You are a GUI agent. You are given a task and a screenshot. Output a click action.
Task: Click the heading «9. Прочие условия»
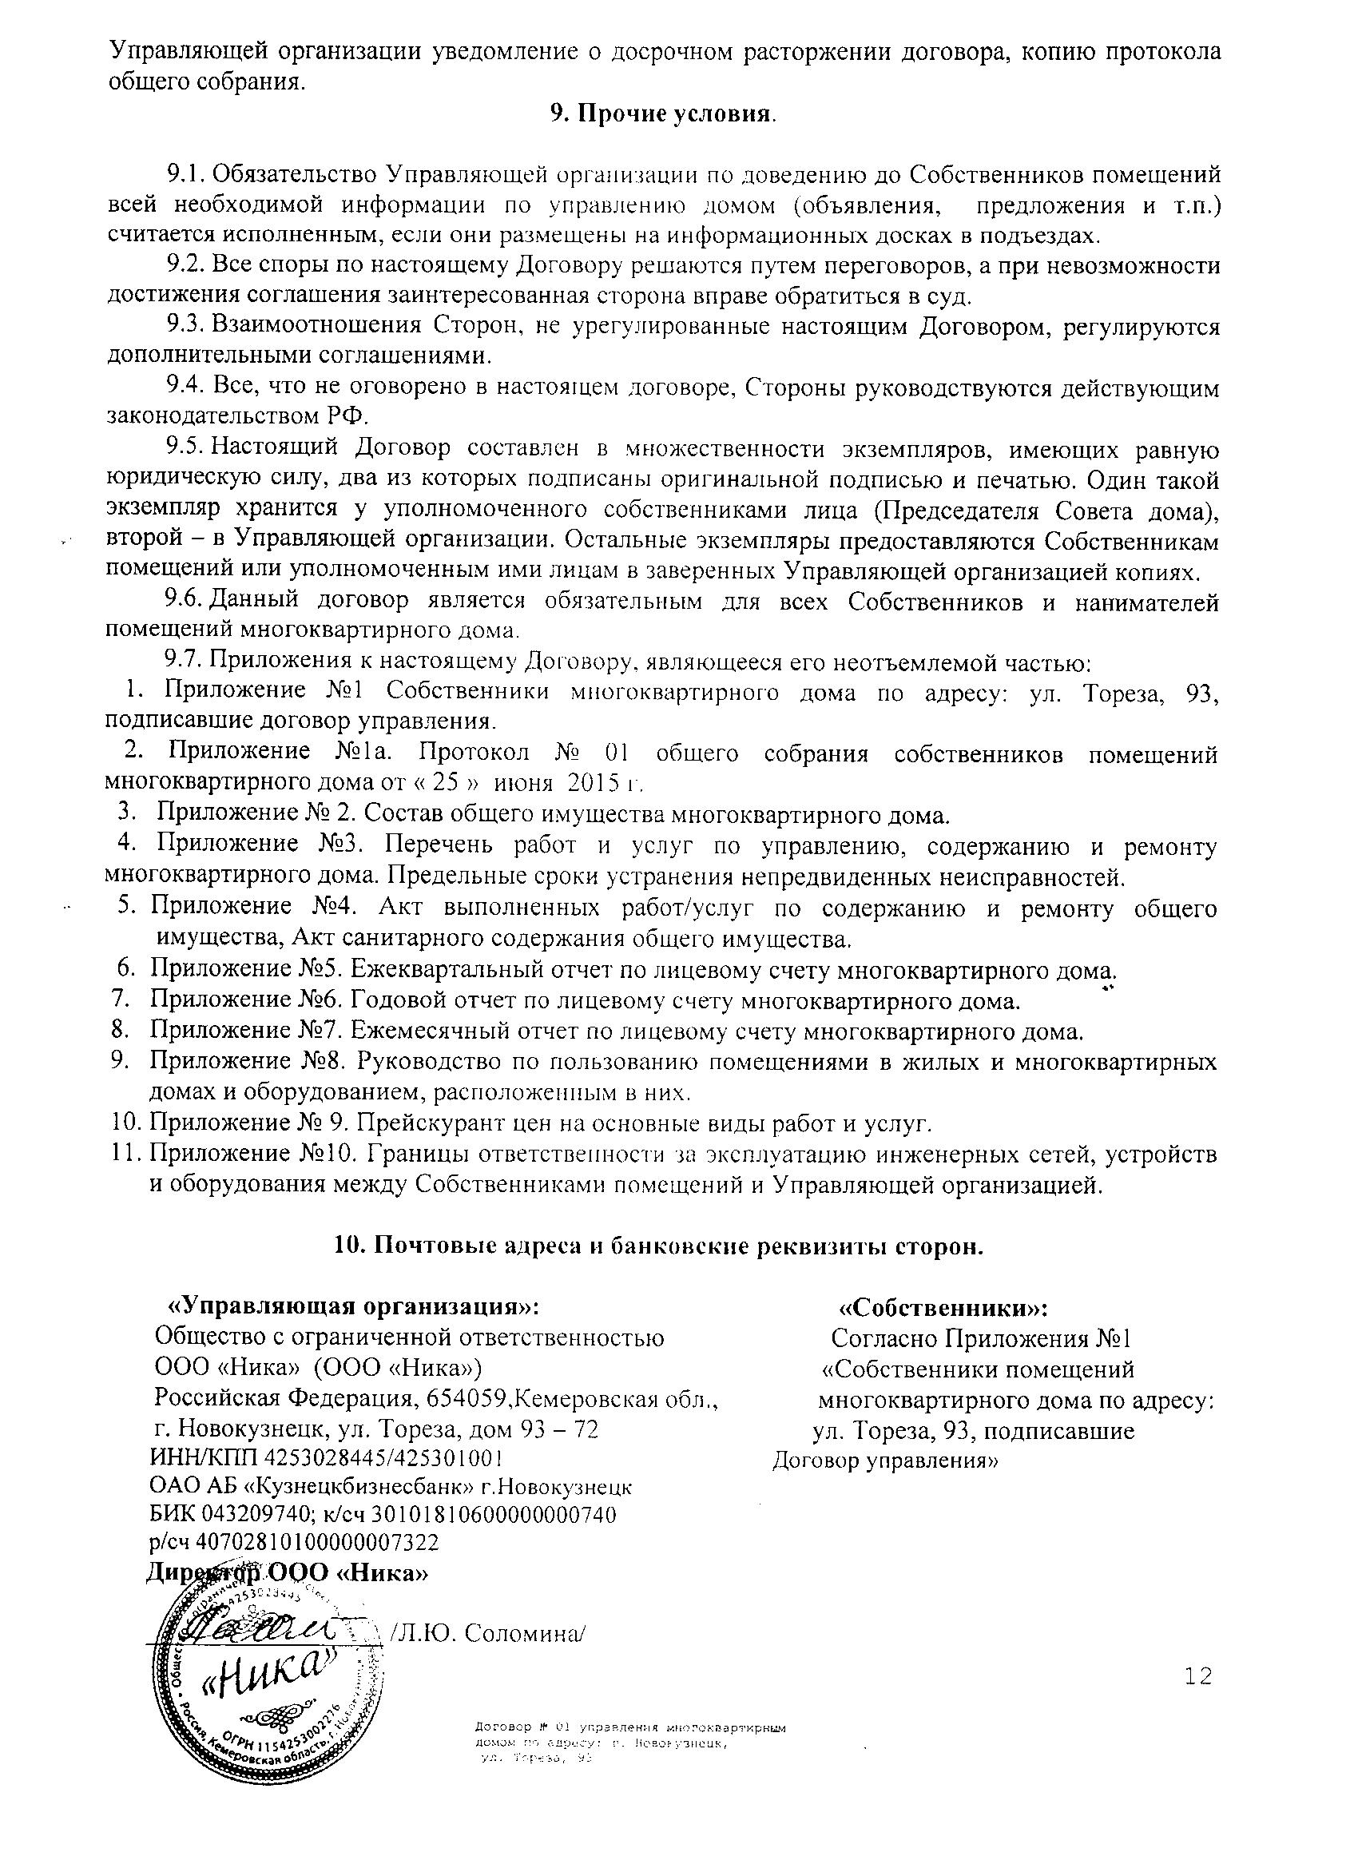663,113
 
